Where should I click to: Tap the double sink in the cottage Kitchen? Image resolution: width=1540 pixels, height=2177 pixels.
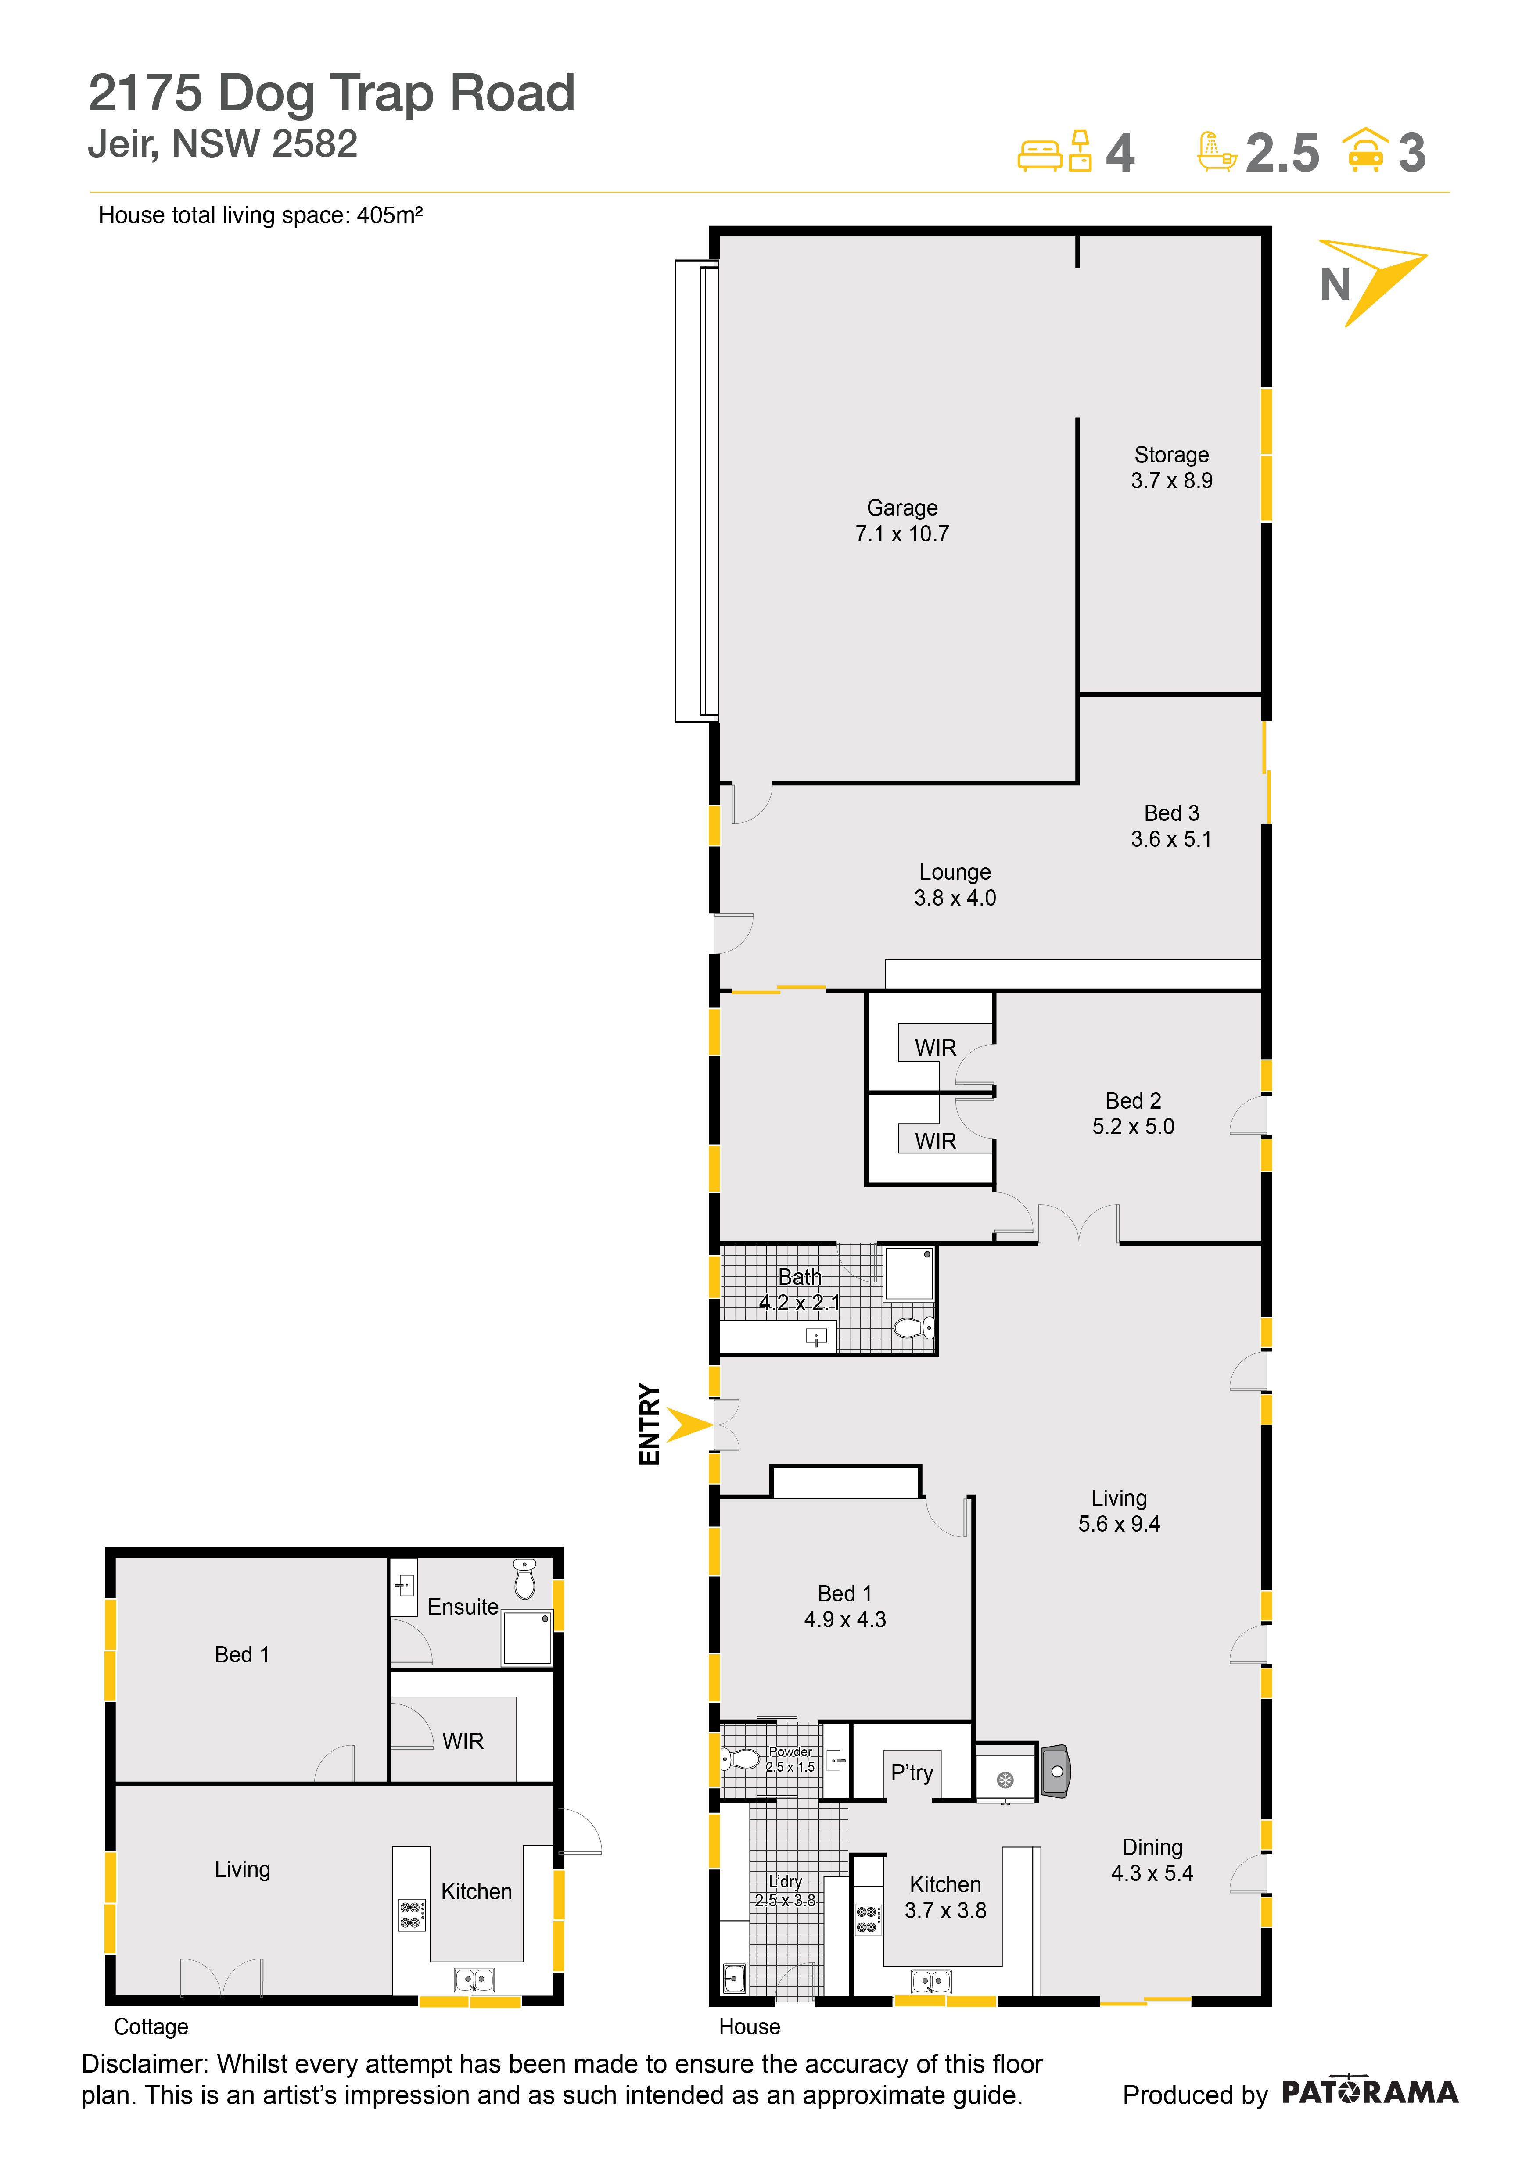[474, 1980]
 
